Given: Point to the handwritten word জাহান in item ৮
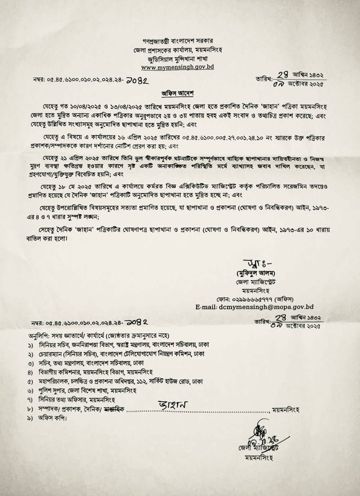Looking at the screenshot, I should coord(171,405).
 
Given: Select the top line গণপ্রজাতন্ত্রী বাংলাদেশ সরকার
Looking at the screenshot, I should coord(178,41).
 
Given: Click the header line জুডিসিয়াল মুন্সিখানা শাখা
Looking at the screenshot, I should coord(178,59).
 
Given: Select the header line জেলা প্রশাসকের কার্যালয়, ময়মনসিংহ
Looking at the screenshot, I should coord(178,50).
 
